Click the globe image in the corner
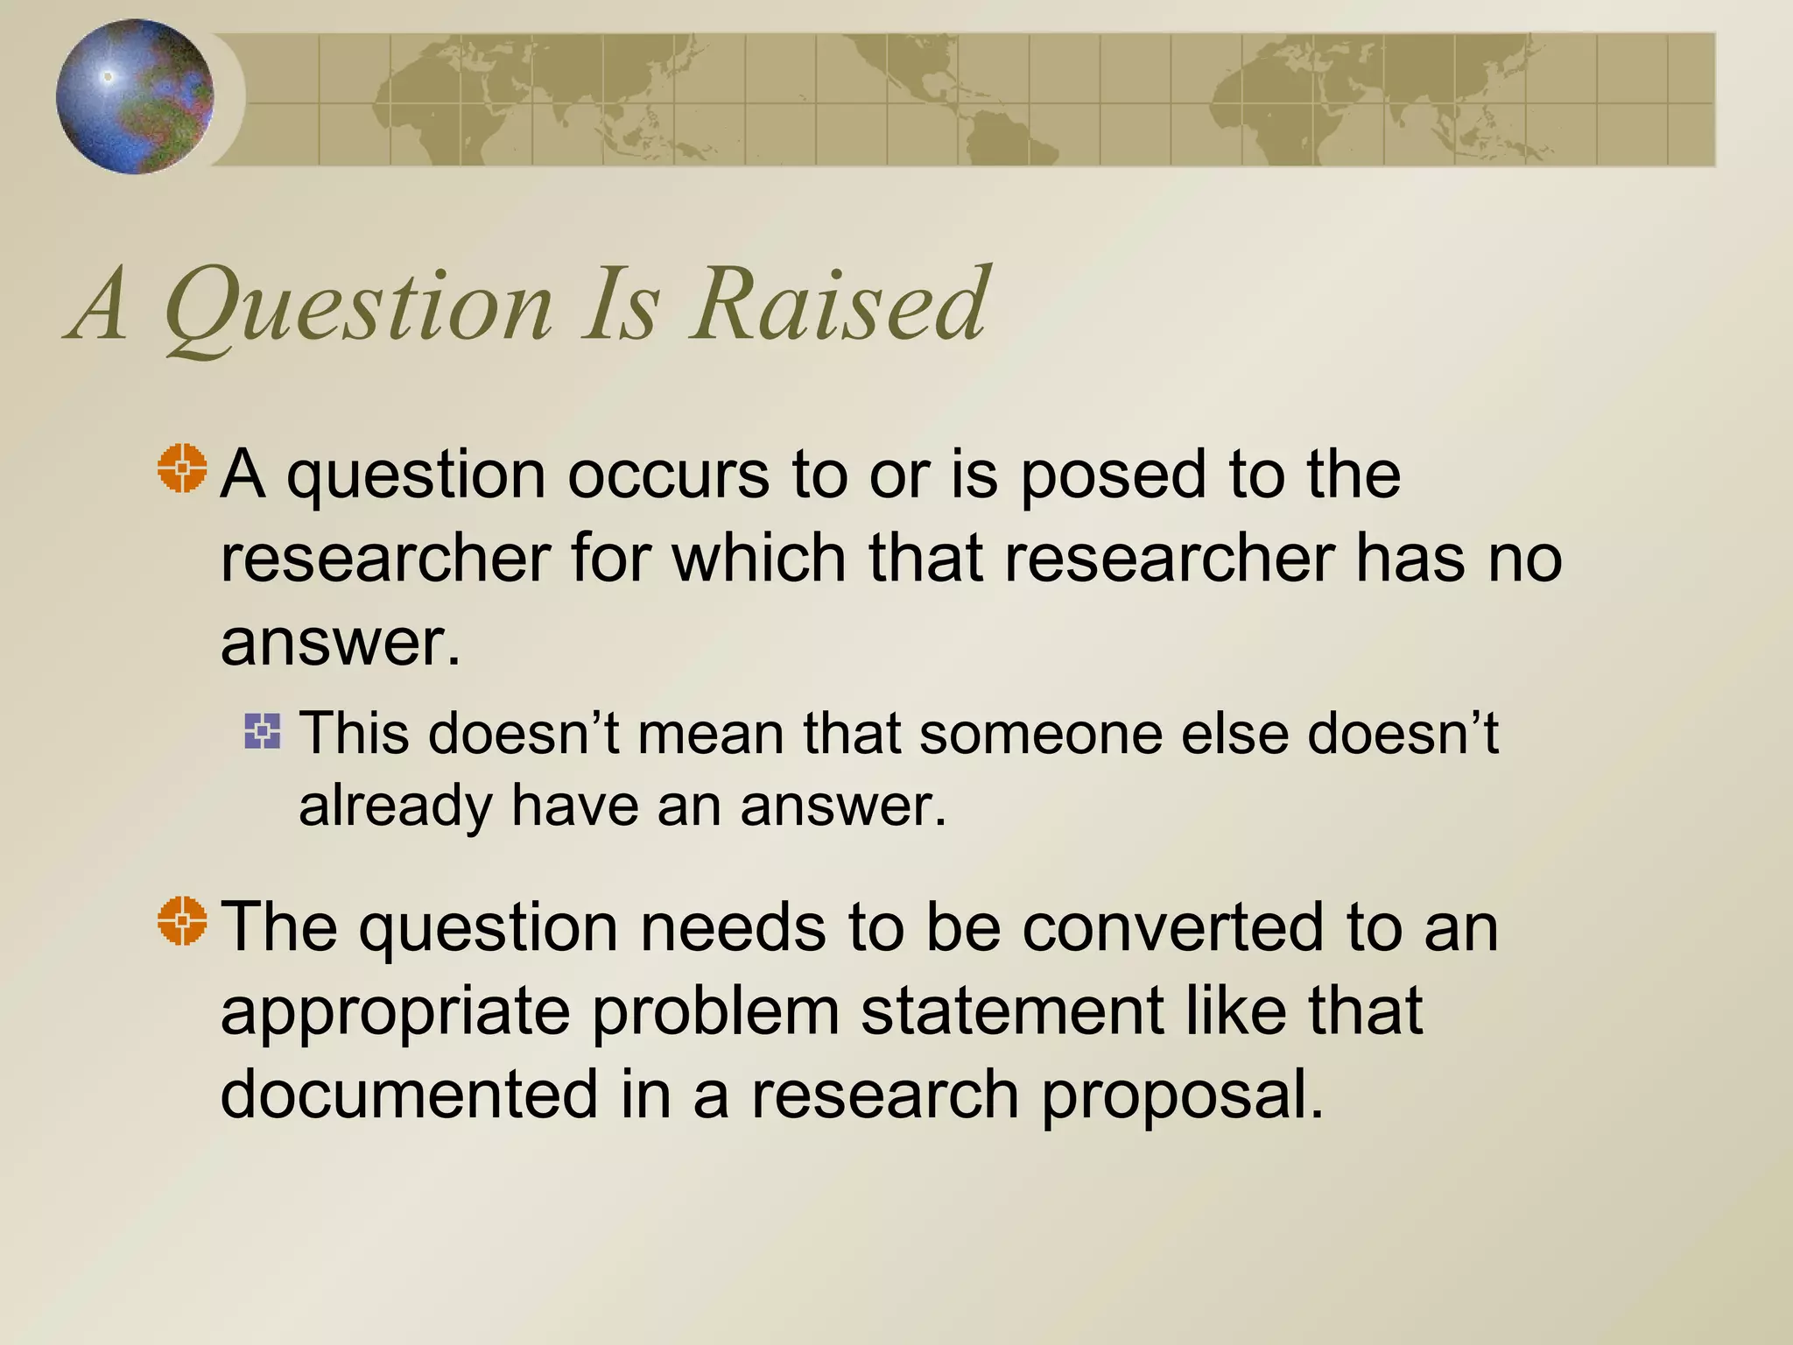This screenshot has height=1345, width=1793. [135, 96]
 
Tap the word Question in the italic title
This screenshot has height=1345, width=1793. [359, 306]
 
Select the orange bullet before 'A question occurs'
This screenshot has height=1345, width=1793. [183, 468]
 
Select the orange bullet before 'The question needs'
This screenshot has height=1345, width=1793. [183, 921]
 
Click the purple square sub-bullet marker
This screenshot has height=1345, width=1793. [263, 731]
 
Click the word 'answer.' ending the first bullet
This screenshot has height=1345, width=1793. [340, 644]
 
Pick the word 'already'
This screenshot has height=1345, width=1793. [395, 807]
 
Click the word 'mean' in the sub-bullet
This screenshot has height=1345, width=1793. [710, 733]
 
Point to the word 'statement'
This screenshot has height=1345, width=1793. [1012, 1011]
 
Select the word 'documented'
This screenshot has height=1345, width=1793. [409, 1094]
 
